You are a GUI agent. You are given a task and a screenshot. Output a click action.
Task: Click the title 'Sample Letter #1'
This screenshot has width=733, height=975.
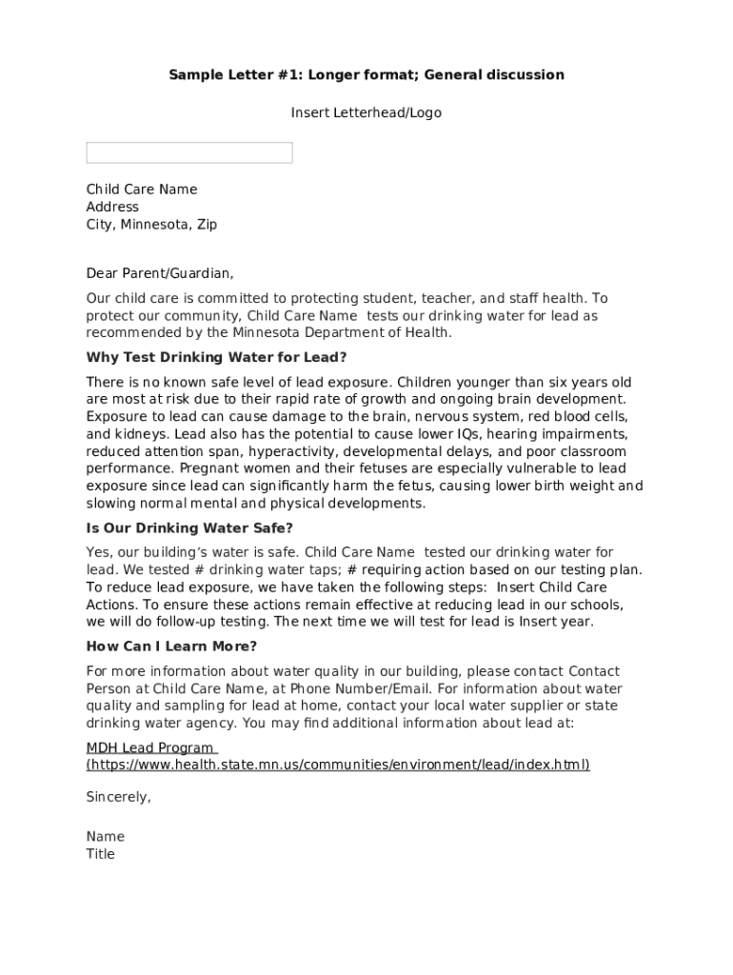[366, 74]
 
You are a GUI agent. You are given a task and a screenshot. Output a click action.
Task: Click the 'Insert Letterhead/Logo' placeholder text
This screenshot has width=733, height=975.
[366, 112]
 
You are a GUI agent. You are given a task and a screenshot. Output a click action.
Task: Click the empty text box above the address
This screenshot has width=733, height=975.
[189, 152]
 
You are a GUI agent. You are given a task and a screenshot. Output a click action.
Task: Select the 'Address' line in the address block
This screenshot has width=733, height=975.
[112, 207]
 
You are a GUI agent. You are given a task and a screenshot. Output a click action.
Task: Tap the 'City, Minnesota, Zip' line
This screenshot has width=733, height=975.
[151, 225]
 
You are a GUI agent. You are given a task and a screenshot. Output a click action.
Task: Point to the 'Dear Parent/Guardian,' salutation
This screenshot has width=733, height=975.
[159, 273]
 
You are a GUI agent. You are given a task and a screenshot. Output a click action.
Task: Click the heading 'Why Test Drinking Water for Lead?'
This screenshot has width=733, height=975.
[216, 357]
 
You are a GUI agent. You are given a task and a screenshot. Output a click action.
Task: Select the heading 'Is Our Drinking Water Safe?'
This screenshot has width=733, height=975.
[189, 527]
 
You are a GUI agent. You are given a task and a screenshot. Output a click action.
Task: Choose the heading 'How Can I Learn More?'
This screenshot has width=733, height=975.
[171, 647]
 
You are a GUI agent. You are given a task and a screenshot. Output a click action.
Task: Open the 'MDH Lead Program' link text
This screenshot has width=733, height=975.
[150, 747]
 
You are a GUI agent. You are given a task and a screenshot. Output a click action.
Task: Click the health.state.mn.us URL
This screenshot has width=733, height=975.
[338, 765]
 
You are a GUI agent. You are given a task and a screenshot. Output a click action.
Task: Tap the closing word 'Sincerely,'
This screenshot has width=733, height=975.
[118, 797]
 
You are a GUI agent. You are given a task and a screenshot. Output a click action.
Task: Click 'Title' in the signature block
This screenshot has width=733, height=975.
[100, 854]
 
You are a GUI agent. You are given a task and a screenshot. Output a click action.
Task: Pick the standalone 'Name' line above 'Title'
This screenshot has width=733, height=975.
[105, 837]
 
